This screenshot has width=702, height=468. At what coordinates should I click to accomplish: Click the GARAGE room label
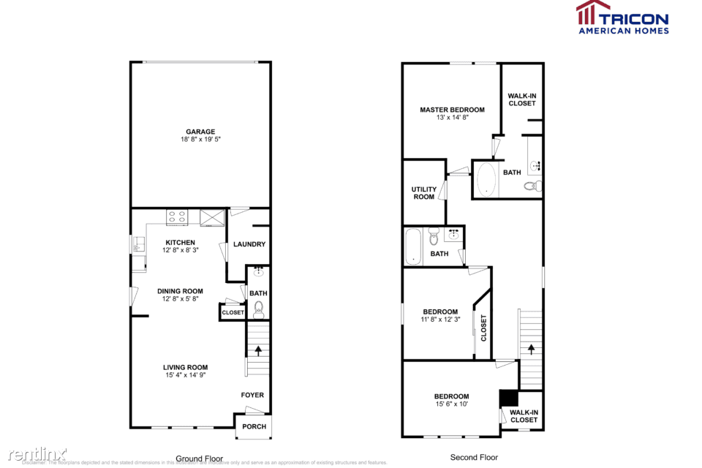tap(200, 132)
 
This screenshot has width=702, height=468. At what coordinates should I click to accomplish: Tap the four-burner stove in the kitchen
tap(178, 216)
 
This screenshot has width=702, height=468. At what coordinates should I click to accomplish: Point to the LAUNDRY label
tap(249, 244)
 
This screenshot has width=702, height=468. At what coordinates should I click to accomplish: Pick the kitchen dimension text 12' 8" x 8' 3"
tap(180, 250)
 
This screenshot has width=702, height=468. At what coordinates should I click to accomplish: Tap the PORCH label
tap(253, 426)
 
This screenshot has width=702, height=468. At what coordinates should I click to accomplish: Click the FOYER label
tap(252, 395)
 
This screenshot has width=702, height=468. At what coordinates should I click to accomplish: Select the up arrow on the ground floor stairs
tap(257, 350)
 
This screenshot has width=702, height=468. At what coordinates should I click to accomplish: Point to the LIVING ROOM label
tap(186, 367)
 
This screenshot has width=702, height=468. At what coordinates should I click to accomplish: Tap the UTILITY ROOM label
tap(424, 192)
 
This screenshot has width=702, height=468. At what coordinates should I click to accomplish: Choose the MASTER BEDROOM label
tap(452, 110)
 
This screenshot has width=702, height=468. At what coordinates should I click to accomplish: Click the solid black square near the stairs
tap(508, 399)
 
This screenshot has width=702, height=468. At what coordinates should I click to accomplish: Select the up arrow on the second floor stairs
tap(531, 349)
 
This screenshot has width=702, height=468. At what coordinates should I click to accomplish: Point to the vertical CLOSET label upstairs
tap(483, 328)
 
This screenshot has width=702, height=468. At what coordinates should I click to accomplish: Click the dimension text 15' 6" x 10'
tap(451, 404)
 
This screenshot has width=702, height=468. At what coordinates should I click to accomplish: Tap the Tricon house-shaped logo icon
tap(593, 13)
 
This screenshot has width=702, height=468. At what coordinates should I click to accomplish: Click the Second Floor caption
tap(474, 458)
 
